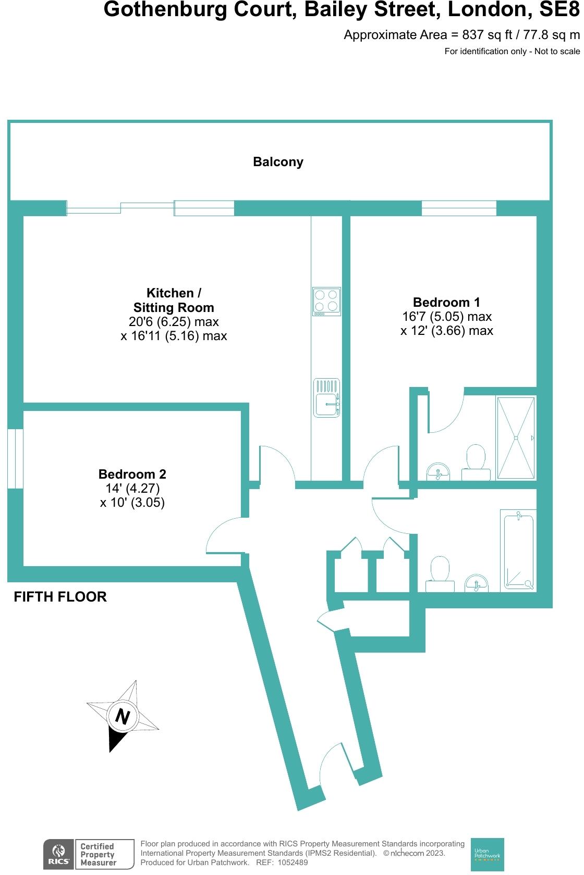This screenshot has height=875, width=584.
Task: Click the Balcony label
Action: tap(278, 162)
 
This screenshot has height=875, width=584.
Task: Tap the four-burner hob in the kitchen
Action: tap(326, 301)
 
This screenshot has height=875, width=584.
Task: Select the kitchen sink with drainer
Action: tap(327, 397)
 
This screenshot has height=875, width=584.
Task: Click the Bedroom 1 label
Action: tap(446, 302)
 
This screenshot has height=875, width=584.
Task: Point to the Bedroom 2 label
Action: tap(132, 474)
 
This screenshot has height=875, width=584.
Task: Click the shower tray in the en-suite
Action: tap(516, 438)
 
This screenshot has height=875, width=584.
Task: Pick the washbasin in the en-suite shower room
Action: tap(438, 471)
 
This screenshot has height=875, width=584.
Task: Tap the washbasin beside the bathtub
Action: tap(477, 583)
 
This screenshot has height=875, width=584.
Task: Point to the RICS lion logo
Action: tap(58, 854)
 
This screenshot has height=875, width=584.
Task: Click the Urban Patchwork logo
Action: tap(487, 854)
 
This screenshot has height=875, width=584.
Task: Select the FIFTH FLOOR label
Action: tap(60, 597)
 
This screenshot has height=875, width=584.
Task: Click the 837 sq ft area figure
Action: tap(480, 35)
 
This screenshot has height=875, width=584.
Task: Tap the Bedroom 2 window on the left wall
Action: tap(15, 458)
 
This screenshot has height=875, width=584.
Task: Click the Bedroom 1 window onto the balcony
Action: tap(459, 208)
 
